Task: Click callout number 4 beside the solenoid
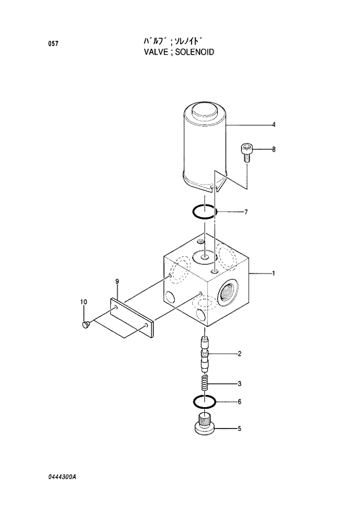click(273, 125)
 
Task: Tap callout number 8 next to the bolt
click(273, 149)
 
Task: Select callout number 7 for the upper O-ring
click(246, 212)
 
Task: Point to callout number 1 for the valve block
click(273, 272)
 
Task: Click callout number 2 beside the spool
click(239, 353)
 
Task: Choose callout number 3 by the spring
click(239, 383)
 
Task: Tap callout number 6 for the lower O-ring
click(239, 401)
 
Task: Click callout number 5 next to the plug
click(239, 429)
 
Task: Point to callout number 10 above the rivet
click(84, 301)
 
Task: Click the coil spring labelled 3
click(204, 383)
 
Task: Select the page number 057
click(52, 44)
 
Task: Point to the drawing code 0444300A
click(63, 476)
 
